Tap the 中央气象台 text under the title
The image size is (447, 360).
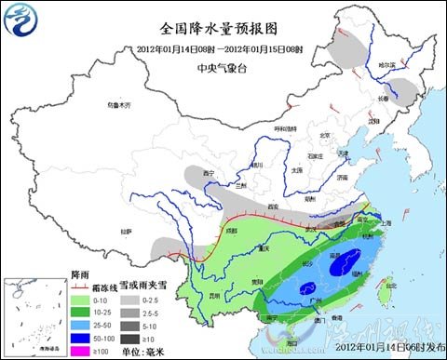coord(220,68)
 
